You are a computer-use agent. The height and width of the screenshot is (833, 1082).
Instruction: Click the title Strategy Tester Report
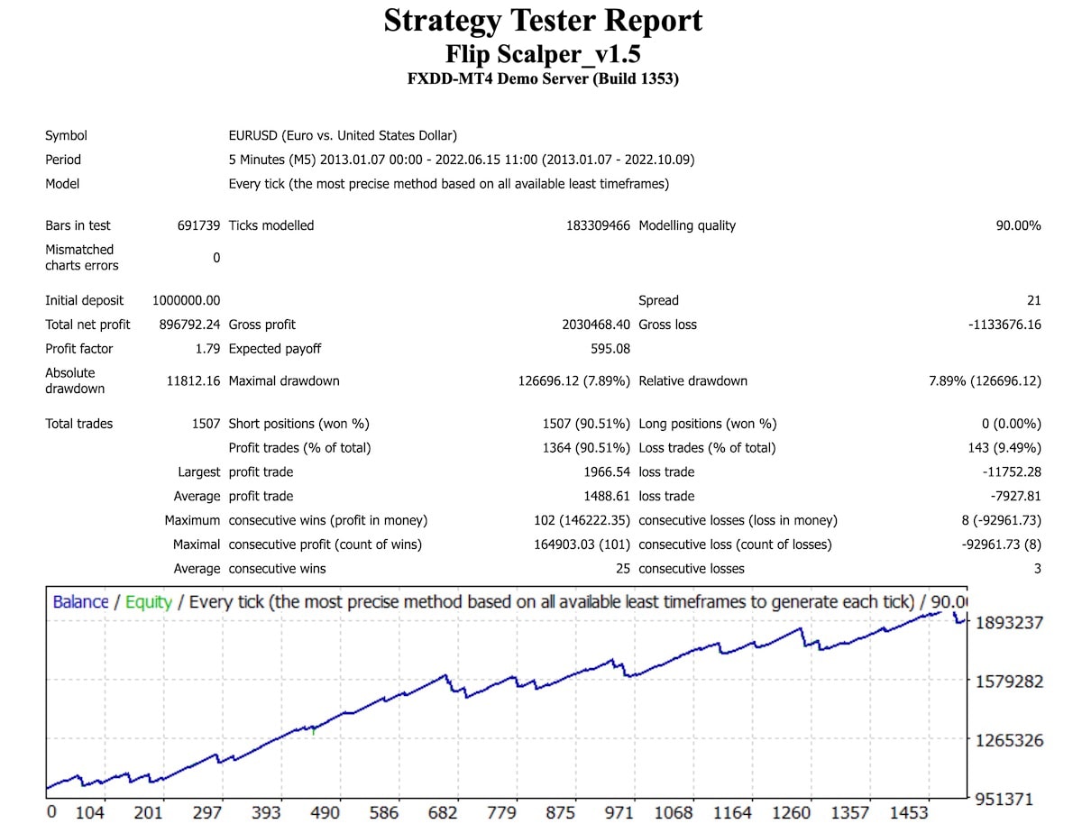(x=543, y=21)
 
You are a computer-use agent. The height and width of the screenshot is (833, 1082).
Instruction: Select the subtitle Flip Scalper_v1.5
(x=543, y=54)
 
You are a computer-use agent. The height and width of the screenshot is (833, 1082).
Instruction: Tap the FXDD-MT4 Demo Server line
(x=543, y=78)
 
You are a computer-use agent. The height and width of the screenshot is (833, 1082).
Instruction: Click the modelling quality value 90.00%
(x=1018, y=225)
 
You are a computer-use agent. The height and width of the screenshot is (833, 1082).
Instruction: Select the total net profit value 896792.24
(x=183, y=325)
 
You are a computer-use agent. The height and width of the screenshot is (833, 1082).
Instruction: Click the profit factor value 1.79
(x=207, y=349)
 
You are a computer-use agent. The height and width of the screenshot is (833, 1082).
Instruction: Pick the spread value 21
(x=1033, y=300)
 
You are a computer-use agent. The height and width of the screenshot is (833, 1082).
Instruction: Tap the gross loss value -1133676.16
(x=1004, y=325)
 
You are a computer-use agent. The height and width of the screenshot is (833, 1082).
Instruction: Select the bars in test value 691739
(x=198, y=225)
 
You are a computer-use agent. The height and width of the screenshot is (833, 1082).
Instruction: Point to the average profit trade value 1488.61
(x=607, y=497)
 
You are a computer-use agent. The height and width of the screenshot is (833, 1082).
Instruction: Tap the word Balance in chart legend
(x=80, y=602)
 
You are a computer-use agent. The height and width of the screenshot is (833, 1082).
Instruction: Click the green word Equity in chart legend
(x=148, y=602)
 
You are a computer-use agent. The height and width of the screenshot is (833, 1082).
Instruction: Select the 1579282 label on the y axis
(x=1009, y=682)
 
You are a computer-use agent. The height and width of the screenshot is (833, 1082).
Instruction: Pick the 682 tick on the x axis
(x=443, y=812)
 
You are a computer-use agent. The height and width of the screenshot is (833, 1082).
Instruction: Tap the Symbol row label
(x=66, y=136)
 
